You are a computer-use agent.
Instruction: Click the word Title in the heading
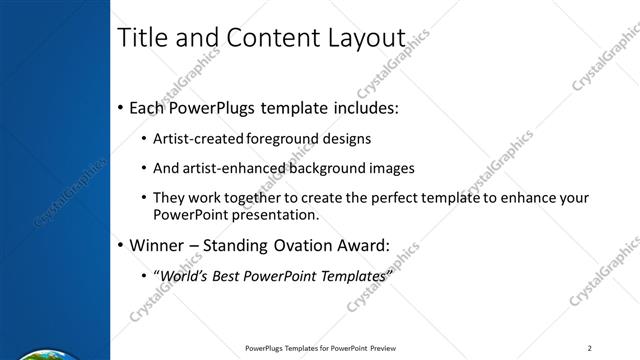tap(143, 38)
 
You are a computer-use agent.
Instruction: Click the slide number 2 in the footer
tap(590, 348)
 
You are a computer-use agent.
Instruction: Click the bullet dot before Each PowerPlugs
tap(121, 107)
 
